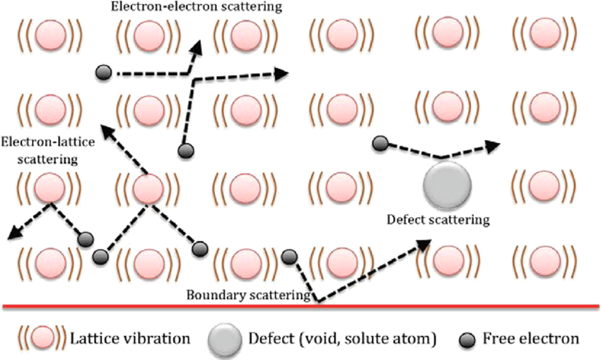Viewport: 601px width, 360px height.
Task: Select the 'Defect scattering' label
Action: tap(438, 219)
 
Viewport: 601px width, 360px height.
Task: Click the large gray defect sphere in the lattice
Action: tap(447, 183)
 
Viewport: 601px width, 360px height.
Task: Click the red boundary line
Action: tap(300, 306)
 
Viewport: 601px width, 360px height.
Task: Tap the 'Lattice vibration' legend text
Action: tap(130, 339)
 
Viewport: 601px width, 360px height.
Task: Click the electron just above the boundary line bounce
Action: tap(288, 257)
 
